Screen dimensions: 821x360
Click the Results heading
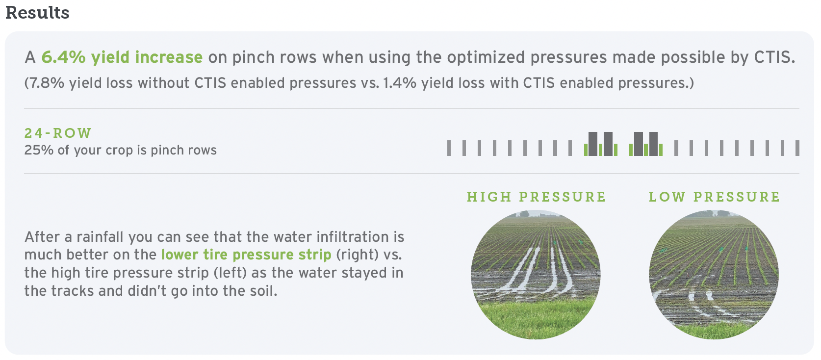pos(37,12)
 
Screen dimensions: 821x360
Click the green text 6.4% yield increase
pos(122,57)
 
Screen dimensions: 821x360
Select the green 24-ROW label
pos(57,133)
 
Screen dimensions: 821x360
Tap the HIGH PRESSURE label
pos(536,197)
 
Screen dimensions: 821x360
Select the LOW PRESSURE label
pos(714,197)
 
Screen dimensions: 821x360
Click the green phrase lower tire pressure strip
pos(246,255)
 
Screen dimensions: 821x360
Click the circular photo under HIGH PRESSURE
pos(536,275)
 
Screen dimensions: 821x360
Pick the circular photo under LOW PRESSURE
pos(714,275)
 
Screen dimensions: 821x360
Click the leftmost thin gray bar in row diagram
pos(449,148)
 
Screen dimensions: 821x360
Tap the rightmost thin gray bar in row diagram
pos(797,148)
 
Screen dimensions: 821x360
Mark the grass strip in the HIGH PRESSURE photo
pos(536,317)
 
